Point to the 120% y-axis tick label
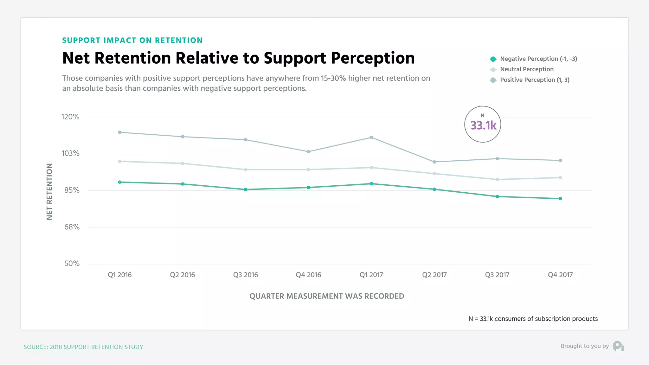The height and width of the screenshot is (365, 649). click(x=70, y=117)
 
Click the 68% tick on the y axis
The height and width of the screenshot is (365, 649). click(x=72, y=227)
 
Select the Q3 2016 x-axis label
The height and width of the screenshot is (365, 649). click(x=246, y=275)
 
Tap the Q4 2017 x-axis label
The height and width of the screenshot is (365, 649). click(x=560, y=275)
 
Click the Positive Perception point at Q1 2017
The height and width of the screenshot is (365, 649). click(x=371, y=138)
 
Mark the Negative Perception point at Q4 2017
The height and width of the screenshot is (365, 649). click(x=560, y=199)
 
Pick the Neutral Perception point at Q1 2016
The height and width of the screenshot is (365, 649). click(x=119, y=161)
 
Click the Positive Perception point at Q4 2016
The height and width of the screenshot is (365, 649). click(x=308, y=152)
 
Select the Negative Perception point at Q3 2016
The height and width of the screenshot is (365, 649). click(x=246, y=189)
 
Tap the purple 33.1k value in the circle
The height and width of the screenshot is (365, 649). click(x=483, y=126)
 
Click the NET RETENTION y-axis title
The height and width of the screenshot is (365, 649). click(x=49, y=191)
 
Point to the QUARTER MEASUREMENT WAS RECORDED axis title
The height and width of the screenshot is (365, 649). click(x=327, y=296)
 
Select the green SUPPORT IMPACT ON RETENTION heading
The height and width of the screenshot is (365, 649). click(x=132, y=41)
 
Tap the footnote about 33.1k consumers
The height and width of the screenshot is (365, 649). click(x=533, y=319)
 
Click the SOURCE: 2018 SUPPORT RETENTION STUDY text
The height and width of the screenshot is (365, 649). click(x=83, y=347)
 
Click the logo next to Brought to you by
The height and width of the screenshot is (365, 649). click(x=618, y=346)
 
